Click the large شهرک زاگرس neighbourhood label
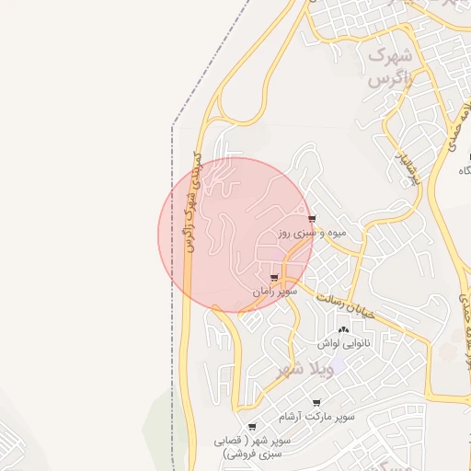pos(388,67)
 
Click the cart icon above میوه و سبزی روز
pos(313,219)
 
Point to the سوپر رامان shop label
pos(276,291)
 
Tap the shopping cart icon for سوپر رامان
pos(273,276)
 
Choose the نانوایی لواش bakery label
pos(344,344)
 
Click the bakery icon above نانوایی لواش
pos(343,329)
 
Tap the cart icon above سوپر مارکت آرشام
pos(317,404)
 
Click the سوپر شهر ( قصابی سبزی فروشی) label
pos(252,447)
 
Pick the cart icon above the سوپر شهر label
pos(253,426)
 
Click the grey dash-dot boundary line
pos(173,276)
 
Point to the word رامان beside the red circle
pos(265,291)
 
